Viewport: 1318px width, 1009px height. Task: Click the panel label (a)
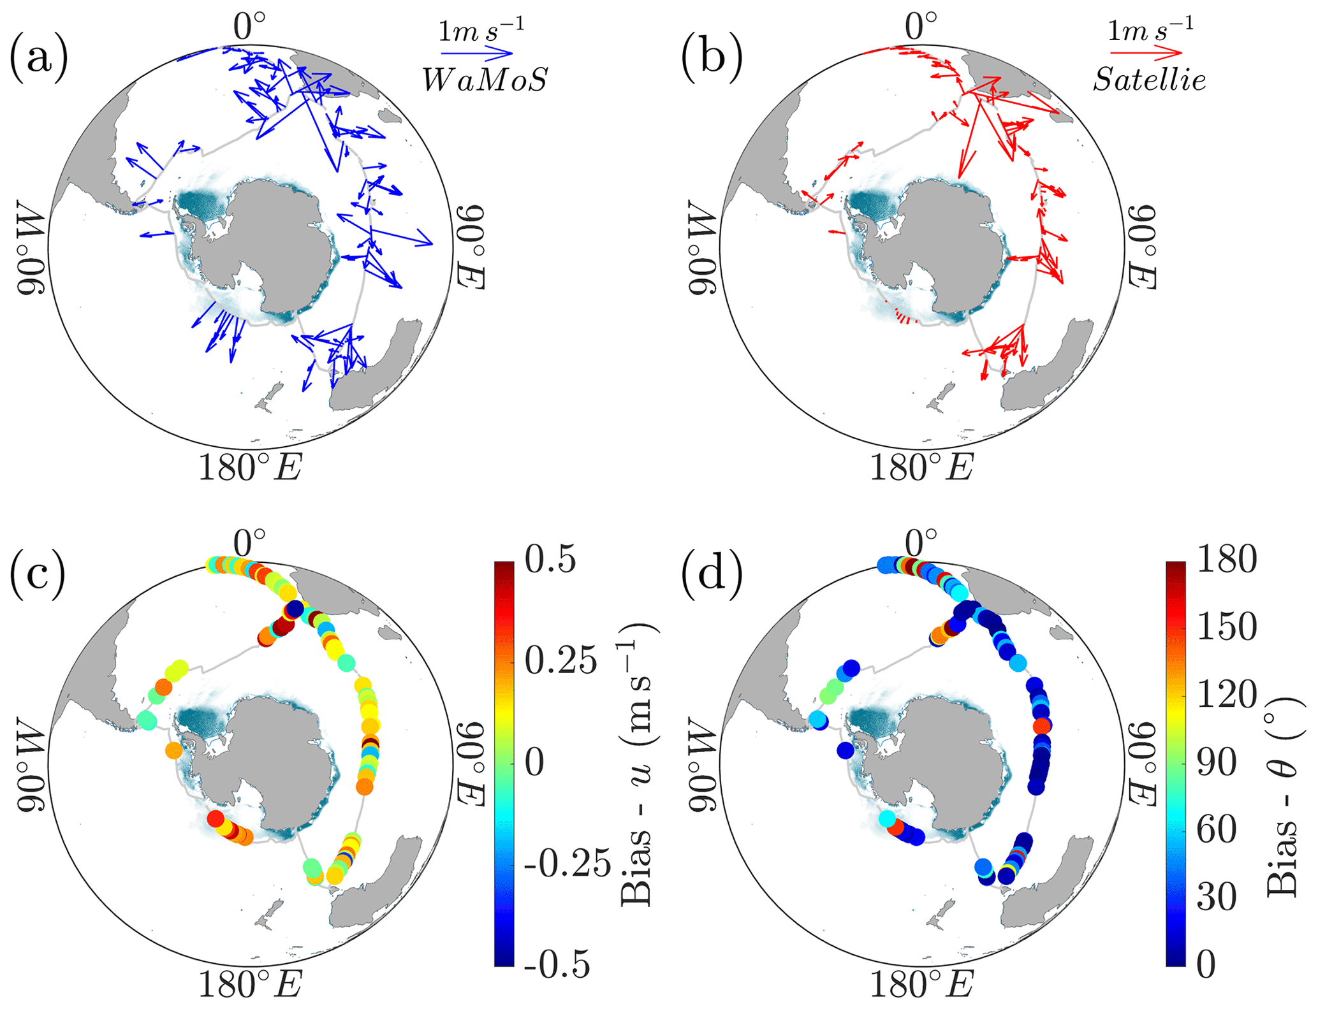(38, 59)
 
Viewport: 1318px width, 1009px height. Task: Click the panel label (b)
(712, 59)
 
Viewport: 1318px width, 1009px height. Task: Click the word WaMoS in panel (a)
(485, 80)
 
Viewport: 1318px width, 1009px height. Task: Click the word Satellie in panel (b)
(1149, 80)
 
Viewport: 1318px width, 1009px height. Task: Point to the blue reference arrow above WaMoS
(477, 52)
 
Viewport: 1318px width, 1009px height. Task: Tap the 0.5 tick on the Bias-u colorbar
(550, 560)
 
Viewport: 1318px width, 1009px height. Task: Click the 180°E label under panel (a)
(250, 468)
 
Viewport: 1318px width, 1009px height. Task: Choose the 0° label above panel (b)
(921, 27)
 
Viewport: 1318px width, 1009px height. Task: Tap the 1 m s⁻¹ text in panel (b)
(1150, 29)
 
